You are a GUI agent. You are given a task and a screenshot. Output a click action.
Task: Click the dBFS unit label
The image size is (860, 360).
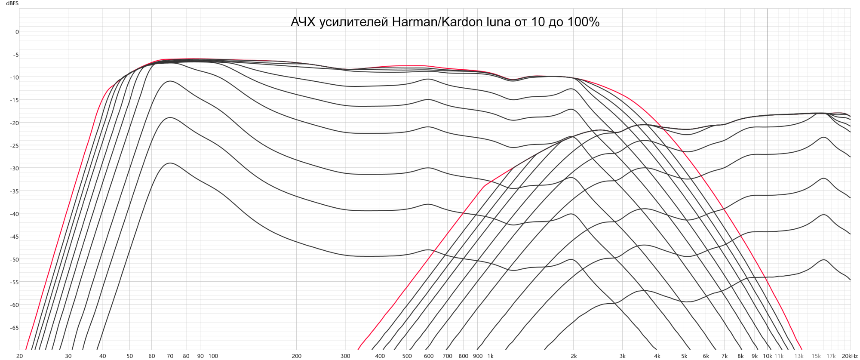[12, 3]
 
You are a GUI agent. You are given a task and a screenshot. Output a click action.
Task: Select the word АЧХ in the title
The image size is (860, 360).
[303, 22]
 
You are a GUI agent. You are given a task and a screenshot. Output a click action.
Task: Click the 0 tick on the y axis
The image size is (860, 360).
[17, 32]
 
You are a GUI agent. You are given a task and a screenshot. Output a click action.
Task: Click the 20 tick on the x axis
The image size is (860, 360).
[19, 356]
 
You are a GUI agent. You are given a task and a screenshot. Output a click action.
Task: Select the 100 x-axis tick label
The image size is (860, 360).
[213, 356]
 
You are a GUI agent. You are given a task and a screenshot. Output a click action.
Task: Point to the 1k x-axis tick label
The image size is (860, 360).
[490, 356]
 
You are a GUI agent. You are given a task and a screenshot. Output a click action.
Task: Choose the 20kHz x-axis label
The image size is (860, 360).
[850, 356]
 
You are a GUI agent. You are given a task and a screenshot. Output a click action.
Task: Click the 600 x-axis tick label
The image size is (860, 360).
[429, 356]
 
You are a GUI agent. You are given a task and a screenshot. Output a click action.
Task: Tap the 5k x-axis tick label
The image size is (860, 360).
[684, 356]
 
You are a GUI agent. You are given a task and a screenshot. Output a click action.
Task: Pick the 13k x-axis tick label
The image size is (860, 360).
[799, 356]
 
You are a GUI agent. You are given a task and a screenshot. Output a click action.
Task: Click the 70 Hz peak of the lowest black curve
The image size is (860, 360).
[170, 163]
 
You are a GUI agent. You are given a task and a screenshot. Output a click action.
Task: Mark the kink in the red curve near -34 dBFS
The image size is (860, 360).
[485, 185]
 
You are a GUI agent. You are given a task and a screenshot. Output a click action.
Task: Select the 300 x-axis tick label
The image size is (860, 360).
[345, 356]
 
